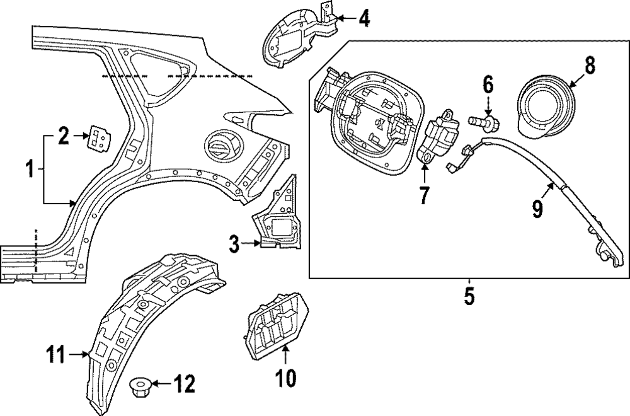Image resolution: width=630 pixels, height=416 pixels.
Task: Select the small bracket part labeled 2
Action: coord(96,137)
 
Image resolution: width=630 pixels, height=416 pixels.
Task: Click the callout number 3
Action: coord(234,244)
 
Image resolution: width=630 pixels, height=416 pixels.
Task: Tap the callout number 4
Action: coord(364,19)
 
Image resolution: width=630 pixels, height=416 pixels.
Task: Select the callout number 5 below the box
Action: coord(469,296)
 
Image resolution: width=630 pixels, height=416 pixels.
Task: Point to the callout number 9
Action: coord(537,208)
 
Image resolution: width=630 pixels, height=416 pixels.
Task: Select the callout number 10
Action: coord(285,378)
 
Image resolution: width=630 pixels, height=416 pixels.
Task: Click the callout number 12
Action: coord(185,383)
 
